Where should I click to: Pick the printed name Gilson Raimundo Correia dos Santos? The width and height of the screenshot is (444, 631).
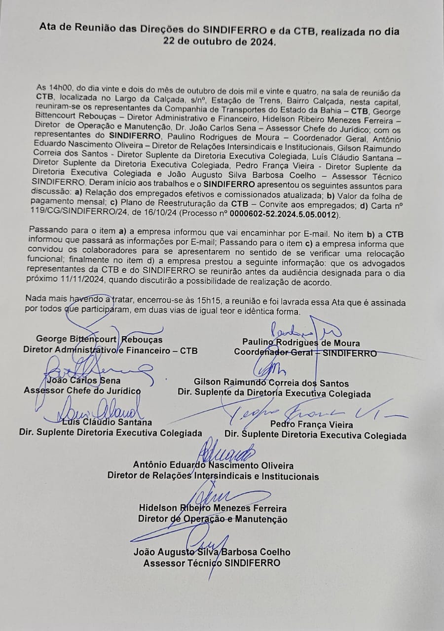tap(271, 383)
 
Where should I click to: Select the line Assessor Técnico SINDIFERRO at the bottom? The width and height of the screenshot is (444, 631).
tap(212, 563)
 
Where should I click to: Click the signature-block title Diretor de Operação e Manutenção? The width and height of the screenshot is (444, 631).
tap(213, 519)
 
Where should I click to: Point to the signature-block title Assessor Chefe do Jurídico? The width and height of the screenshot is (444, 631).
tap(82, 391)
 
